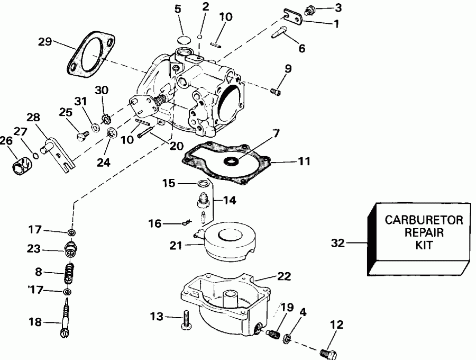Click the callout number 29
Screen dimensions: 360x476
click(x=45, y=41)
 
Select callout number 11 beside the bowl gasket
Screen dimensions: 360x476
click(x=304, y=159)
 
